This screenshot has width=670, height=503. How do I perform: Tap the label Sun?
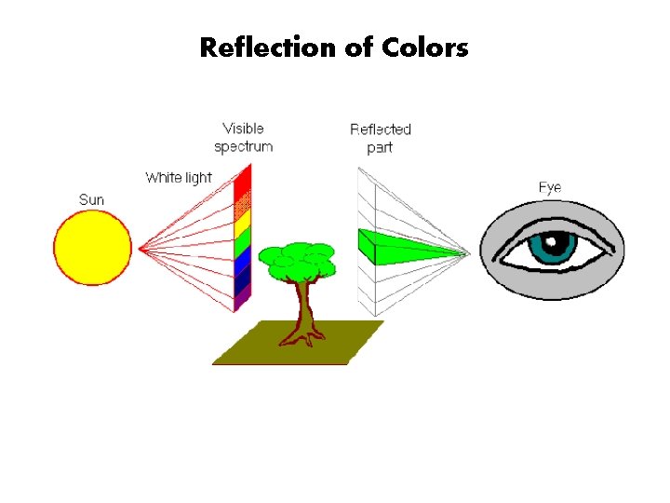(91, 199)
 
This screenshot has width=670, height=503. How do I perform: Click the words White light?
(178, 177)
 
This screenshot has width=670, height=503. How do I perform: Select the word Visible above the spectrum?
(243, 129)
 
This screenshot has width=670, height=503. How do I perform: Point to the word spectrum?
(243, 146)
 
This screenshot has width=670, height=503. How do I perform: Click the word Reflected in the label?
(381, 129)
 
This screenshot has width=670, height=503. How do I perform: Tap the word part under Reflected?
(380, 147)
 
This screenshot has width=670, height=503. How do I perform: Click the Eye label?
(550, 187)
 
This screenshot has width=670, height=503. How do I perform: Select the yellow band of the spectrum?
(243, 224)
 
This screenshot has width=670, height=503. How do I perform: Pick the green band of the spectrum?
(243, 243)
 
